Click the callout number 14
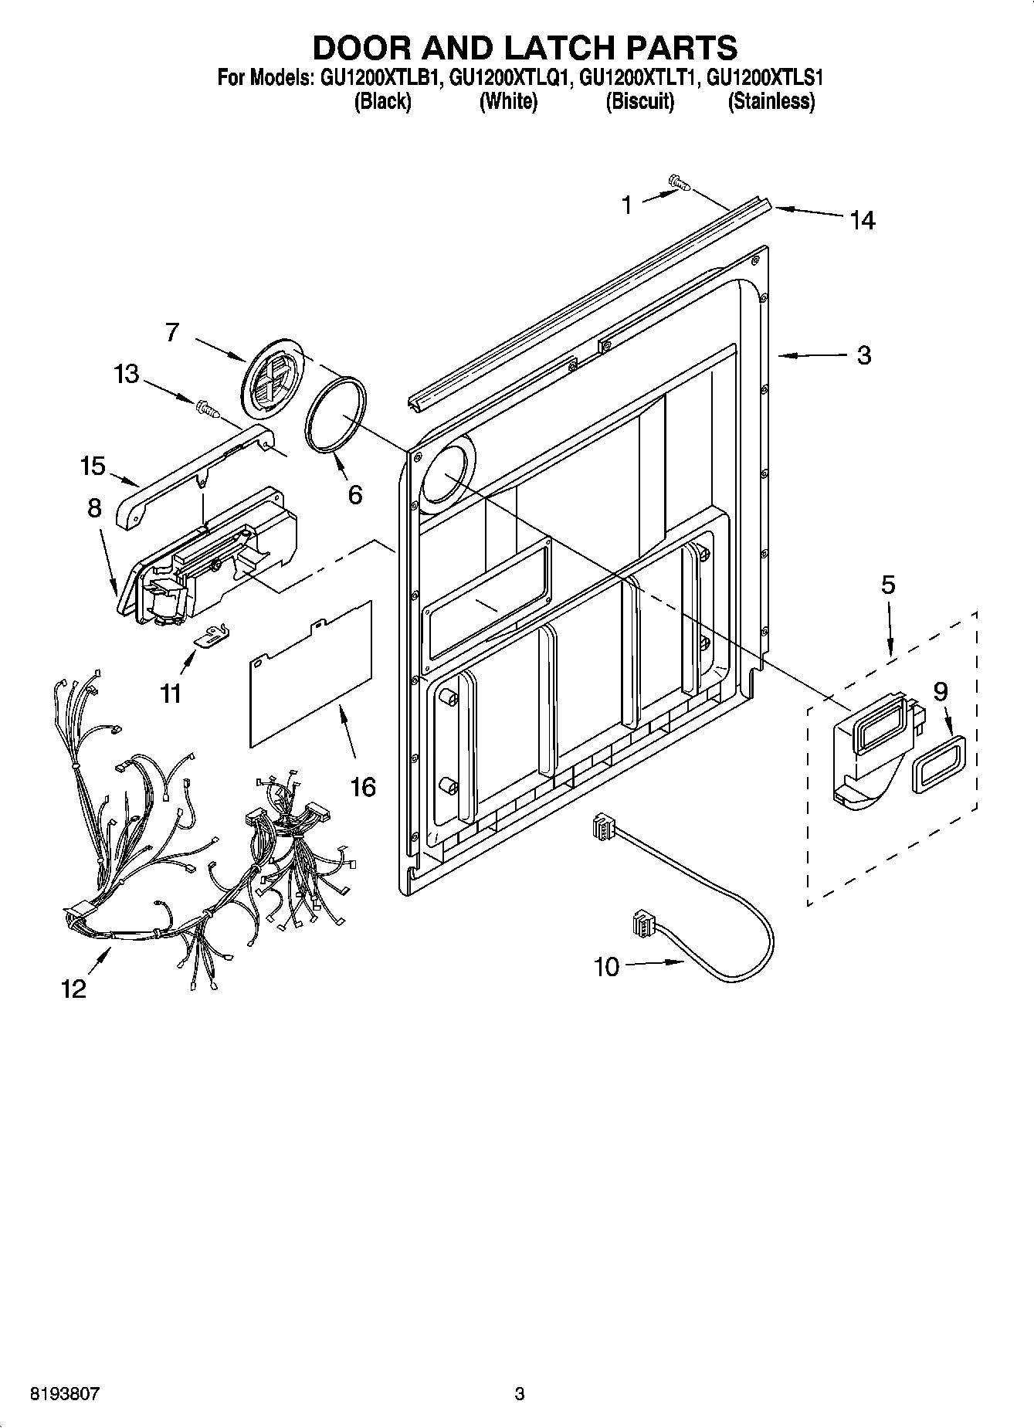pos(863,221)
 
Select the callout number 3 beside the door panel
pos(864,355)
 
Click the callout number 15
pos(92,466)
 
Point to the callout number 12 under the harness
pos(74,989)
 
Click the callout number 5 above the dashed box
pos(888,585)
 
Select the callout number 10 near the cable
pos(607,966)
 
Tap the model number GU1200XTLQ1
pos(508,77)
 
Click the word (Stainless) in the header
pos(771,101)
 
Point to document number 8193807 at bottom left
pos(64,1393)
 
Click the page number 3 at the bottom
pos(519,1393)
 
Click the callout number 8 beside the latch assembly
pos(94,508)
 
